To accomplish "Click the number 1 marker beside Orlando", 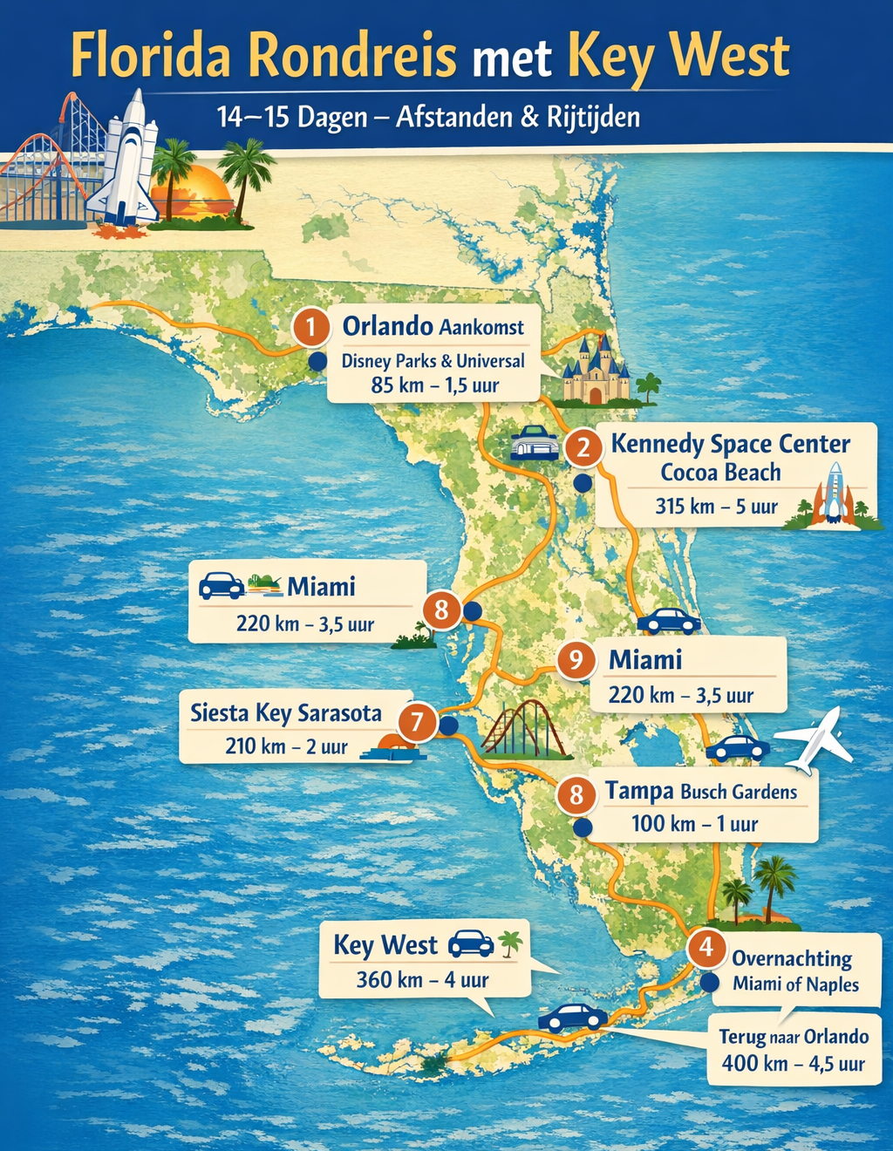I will point(311,328).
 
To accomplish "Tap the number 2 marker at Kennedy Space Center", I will point(583,448).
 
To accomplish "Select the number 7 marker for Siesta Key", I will point(418,722).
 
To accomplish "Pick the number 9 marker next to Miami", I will point(576,659).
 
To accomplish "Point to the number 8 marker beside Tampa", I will point(576,794).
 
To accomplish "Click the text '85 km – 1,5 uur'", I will point(434,385).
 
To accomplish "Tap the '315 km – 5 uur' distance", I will point(716,507).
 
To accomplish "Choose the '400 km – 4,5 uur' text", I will point(793,1064).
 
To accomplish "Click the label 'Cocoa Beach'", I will point(720,473).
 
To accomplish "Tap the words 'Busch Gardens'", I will point(739,792).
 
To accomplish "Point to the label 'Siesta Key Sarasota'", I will point(286,713).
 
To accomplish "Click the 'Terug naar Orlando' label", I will point(794,1037).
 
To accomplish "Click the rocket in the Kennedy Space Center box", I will point(834,494).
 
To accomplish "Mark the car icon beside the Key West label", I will point(470,943).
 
